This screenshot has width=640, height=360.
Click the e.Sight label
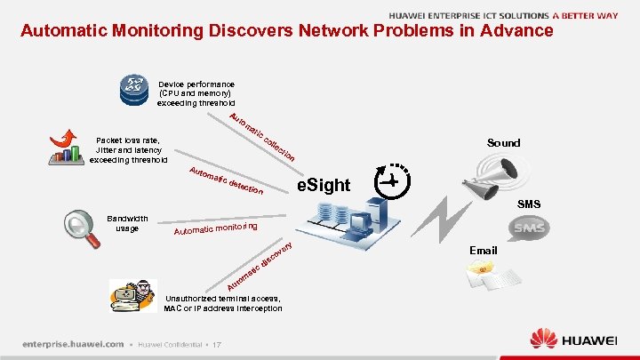[323, 185]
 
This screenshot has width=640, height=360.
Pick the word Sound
[503, 142]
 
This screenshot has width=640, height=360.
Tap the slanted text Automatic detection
[227, 180]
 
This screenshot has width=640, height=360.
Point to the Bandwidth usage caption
[127, 223]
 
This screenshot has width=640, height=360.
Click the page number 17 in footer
[216, 345]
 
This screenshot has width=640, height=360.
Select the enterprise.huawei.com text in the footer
[73, 344]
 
